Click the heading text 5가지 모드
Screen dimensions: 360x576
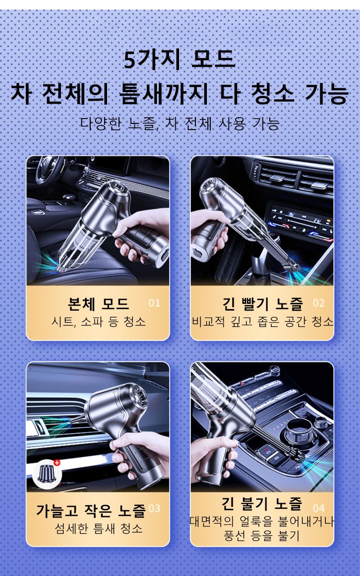tap(180, 60)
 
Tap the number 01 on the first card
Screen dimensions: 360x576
tap(154, 303)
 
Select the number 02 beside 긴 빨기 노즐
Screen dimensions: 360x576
tap(319, 303)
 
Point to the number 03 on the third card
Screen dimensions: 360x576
tap(154, 508)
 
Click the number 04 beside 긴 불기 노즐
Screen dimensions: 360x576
tap(319, 508)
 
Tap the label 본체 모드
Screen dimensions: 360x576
tap(98, 304)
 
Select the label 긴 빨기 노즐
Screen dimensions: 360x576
tap(263, 304)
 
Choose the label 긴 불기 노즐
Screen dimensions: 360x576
tap(262, 503)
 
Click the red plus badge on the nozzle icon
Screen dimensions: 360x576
tap(57, 463)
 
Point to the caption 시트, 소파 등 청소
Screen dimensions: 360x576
tap(98, 322)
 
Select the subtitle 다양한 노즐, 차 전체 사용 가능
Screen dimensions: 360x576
tap(180, 124)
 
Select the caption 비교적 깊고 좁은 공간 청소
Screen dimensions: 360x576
tap(262, 322)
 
